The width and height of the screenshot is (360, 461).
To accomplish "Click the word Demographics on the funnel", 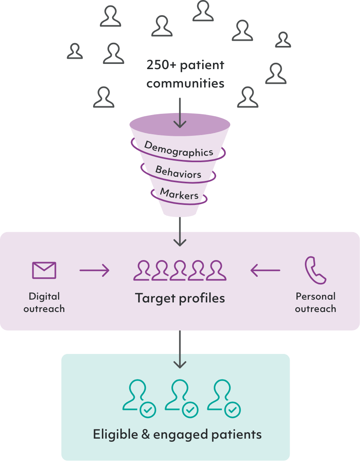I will point(179,149).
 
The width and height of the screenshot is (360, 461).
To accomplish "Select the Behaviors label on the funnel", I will point(178,172).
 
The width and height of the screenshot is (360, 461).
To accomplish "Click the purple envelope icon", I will point(44,270).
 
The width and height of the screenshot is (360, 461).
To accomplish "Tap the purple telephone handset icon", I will point(315,270).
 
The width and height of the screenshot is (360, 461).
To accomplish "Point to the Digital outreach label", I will point(44,302).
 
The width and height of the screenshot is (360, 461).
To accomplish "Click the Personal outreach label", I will point(315,302).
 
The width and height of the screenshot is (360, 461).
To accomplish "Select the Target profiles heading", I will point(180,298).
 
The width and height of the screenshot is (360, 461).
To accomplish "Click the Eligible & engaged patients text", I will point(177,434).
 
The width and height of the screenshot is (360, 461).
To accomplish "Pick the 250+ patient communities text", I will point(185,74).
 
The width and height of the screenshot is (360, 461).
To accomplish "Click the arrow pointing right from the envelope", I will point(94,270).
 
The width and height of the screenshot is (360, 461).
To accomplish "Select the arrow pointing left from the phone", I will point(265,270).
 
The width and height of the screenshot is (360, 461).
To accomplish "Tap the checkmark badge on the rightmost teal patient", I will point(233,409).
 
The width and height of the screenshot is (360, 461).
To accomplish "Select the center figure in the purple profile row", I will point(180,270).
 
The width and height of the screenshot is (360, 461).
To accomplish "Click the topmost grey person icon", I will point(203,11).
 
